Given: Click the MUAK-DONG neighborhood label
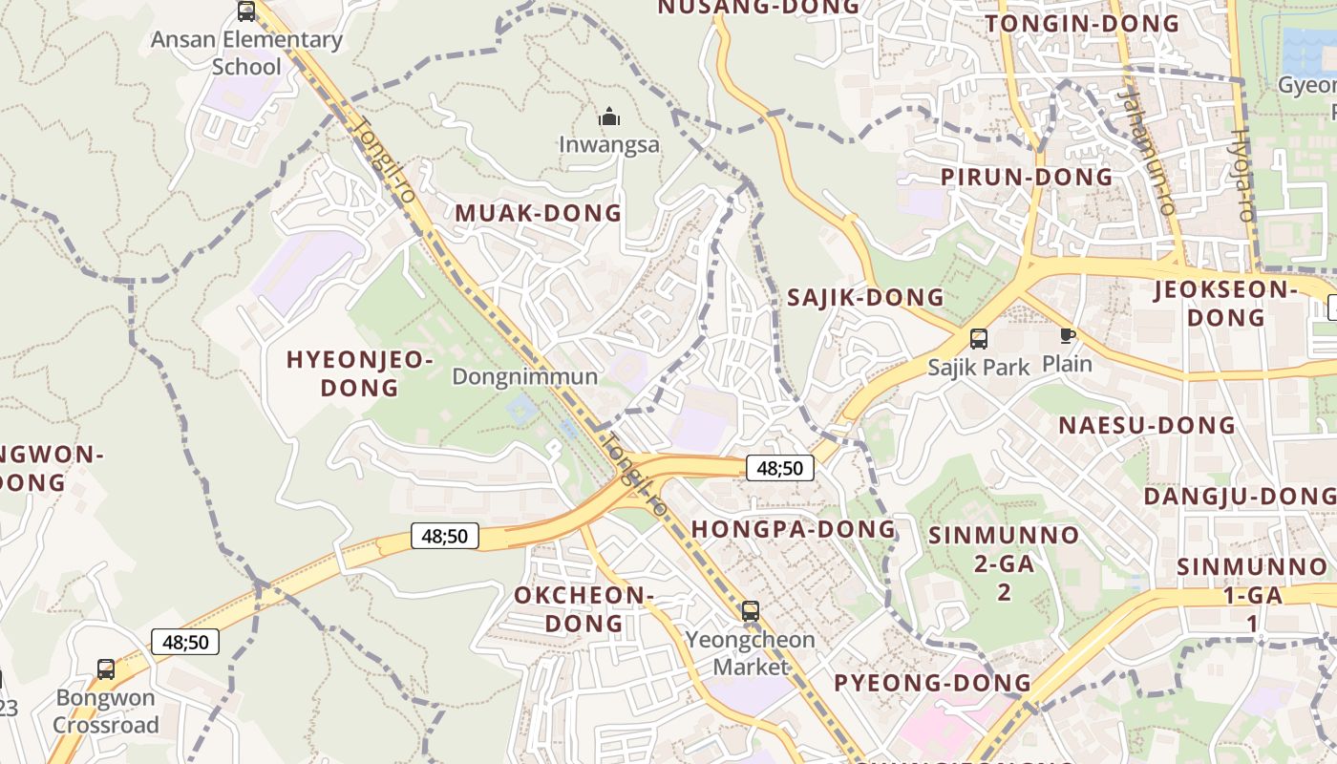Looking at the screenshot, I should click(x=539, y=213).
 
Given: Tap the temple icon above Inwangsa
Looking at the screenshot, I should click(x=609, y=118).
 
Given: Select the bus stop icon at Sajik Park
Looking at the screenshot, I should click(x=979, y=338).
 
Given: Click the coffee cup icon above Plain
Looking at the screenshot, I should click(x=1067, y=335).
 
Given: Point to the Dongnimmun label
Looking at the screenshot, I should click(x=525, y=376).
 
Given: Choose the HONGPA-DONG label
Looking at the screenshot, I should click(x=794, y=529).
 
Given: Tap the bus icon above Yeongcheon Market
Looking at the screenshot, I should click(x=751, y=610).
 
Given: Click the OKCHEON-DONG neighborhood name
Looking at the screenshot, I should click(x=583, y=609).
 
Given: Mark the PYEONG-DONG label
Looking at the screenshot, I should click(x=933, y=683).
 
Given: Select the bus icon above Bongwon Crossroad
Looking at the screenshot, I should click(x=106, y=669).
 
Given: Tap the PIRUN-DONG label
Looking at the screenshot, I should click(x=1027, y=178).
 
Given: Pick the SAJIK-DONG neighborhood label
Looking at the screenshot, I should click(x=865, y=298).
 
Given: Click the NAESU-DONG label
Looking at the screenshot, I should click(x=1147, y=425).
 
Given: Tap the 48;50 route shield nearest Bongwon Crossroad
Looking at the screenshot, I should click(x=185, y=642).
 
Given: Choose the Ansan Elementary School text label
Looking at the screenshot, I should click(x=246, y=53).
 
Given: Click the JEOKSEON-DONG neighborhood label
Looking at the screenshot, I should click(x=1225, y=303).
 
